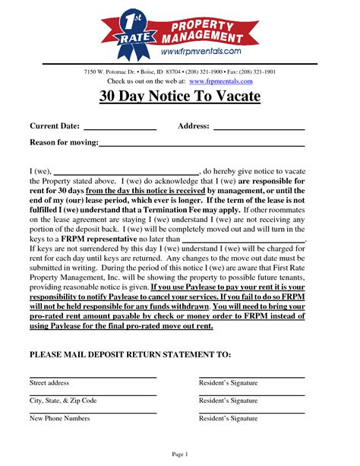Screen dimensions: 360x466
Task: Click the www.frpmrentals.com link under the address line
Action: tap(221, 81)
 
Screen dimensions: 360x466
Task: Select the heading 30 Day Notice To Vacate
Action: tap(179, 97)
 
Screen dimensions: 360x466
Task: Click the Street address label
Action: tap(49, 383)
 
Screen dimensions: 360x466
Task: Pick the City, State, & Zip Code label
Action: tap(63, 401)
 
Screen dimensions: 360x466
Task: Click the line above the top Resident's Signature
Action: tap(251, 377)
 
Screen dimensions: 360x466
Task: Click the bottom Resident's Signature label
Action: tap(228, 418)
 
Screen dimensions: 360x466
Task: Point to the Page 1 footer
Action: tap(179, 454)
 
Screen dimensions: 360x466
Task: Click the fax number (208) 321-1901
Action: tap(256, 71)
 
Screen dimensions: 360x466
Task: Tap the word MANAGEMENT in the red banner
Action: tap(212, 36)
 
